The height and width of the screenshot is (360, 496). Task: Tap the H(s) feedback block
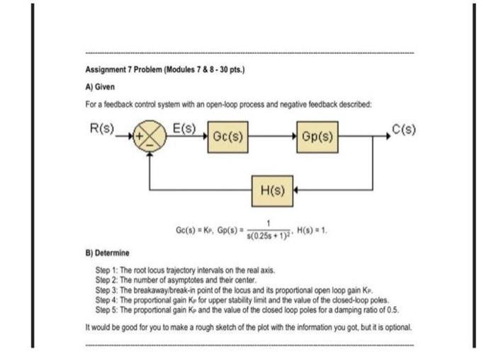point(274,190)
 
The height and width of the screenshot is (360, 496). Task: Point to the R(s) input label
point(100,130)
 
